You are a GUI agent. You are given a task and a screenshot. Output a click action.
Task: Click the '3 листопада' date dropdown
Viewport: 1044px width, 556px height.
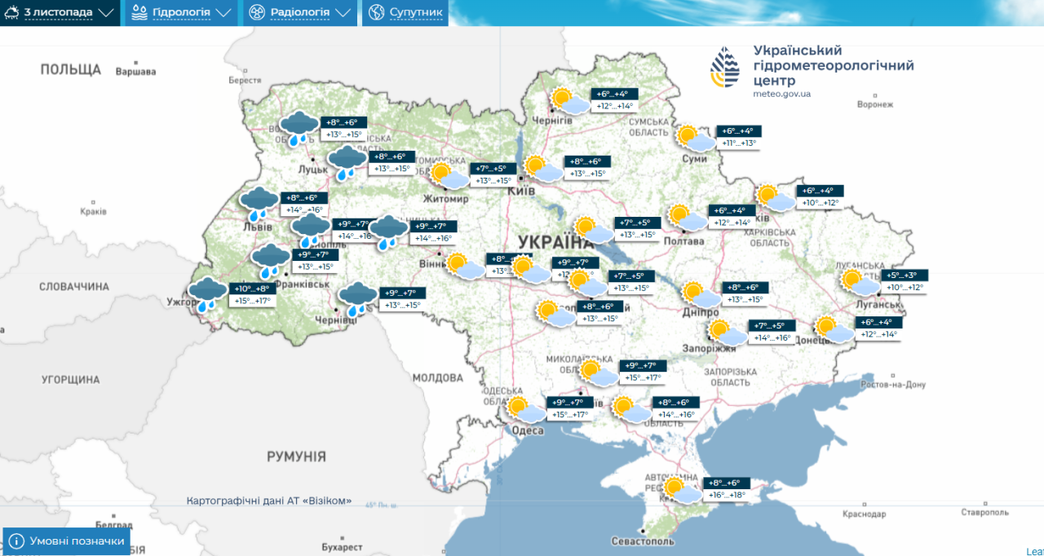[60, 13]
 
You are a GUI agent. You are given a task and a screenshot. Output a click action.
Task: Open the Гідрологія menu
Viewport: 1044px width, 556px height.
[180, 13]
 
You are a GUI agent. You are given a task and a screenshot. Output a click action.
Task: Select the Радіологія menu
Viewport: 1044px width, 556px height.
[300, 13]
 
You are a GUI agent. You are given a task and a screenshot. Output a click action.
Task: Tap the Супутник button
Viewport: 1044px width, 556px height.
[405, 13]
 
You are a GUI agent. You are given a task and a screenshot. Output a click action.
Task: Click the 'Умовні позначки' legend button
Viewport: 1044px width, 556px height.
[67, 541]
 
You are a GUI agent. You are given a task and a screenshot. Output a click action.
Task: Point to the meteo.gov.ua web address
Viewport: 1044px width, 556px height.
[781, 94]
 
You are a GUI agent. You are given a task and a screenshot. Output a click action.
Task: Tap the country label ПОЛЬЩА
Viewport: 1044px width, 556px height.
[71, 70]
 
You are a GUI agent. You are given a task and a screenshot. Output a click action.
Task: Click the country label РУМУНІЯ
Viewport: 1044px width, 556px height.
[296, 457]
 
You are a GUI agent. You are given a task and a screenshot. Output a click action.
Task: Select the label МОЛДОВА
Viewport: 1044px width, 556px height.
[437, 378]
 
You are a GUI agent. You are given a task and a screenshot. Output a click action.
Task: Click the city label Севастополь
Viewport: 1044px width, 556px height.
[643, 541]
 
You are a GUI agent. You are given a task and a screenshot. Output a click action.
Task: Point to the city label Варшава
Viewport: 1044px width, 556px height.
[135, 72]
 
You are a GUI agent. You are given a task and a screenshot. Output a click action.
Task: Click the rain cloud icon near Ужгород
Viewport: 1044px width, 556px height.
[208, 293]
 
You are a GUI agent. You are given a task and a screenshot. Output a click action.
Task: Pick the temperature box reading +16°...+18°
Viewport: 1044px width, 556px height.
[726, 495]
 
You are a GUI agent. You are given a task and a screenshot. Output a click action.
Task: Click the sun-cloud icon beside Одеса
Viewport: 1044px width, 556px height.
[524, 409]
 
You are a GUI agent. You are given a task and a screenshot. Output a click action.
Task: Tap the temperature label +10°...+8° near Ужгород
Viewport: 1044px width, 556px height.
[252, 289]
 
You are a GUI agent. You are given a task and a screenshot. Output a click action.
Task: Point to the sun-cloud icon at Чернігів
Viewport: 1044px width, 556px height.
[568, 101]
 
